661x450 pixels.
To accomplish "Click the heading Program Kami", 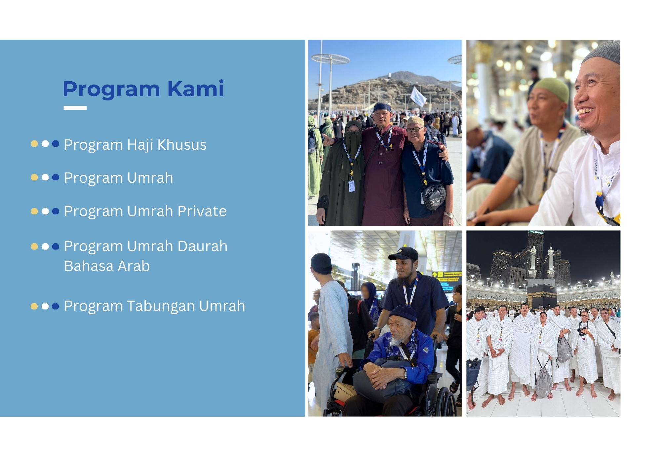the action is [x=143, y=89].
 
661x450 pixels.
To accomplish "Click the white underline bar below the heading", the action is [x=75, y=108].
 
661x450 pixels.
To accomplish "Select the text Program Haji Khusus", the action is [x=135, y=145].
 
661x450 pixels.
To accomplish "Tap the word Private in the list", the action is [x=202, y=211].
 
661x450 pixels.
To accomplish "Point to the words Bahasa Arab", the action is [x=107, y=266].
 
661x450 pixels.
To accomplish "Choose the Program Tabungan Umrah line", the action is [x=155, y=306].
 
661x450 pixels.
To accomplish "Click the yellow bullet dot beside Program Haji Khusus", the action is [x=34, y=143].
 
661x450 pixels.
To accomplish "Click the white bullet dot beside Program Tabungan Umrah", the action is [x=45, y=306].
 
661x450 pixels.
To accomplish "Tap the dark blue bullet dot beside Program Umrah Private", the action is [x=56, y=211].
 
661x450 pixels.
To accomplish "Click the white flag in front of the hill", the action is [x=418, y=96].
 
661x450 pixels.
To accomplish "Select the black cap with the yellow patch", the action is [x=404, y=253].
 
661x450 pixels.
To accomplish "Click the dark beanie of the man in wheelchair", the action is [x=403, y=313].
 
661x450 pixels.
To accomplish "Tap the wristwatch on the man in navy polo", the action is [x=449, y=215].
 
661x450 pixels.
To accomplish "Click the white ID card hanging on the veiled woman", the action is [x=352, y=186].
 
